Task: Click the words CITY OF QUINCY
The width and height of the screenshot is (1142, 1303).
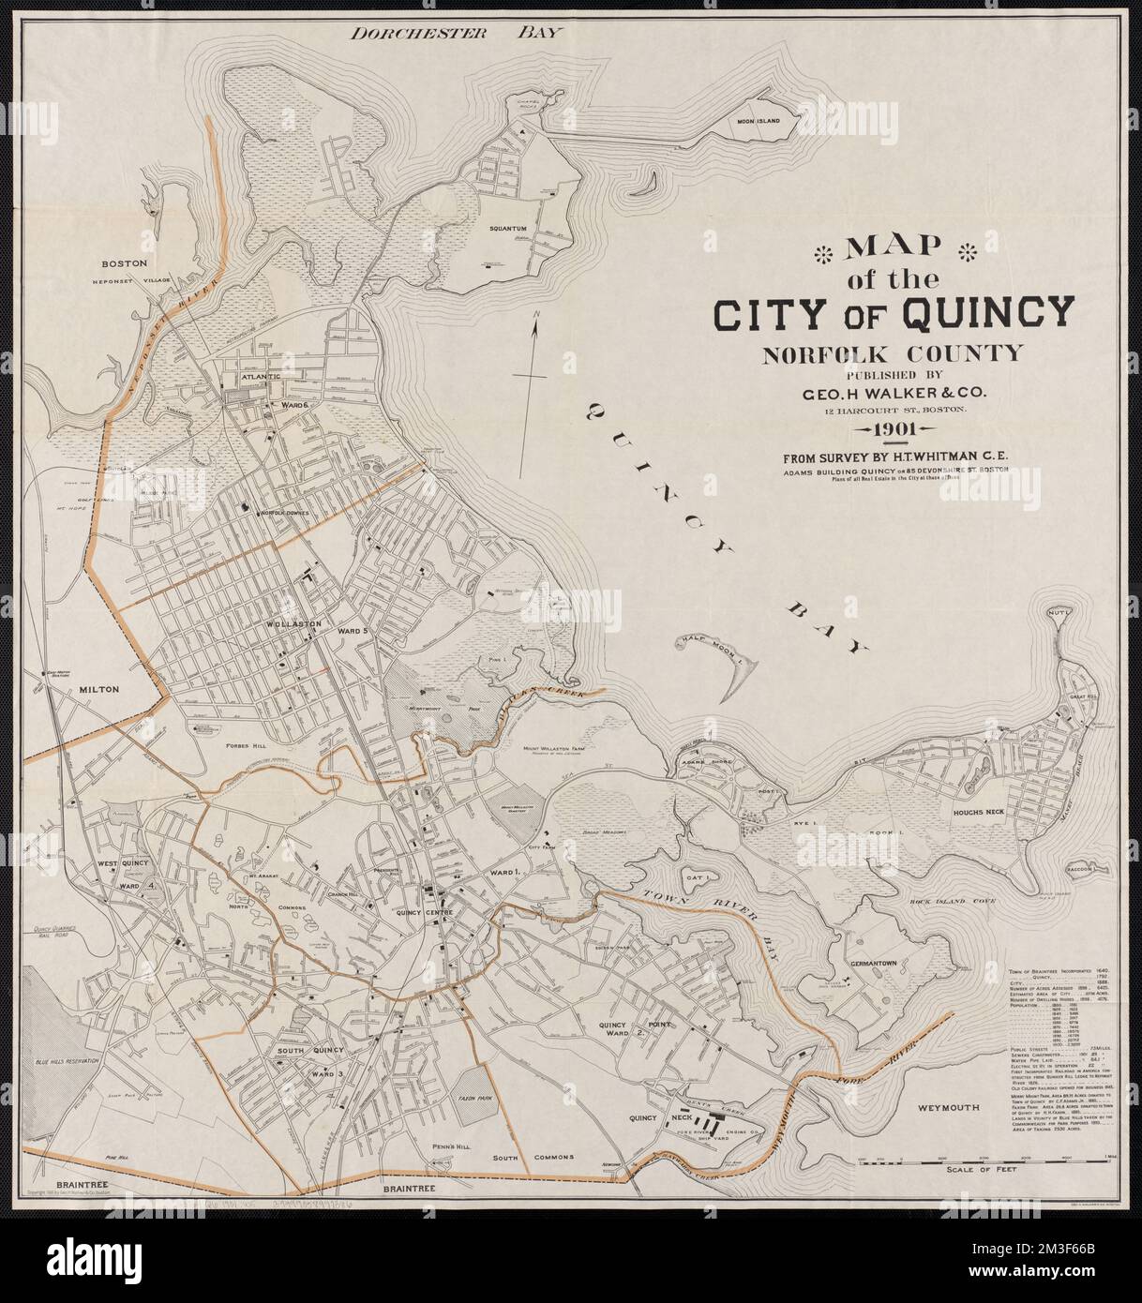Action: [894, 313]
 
